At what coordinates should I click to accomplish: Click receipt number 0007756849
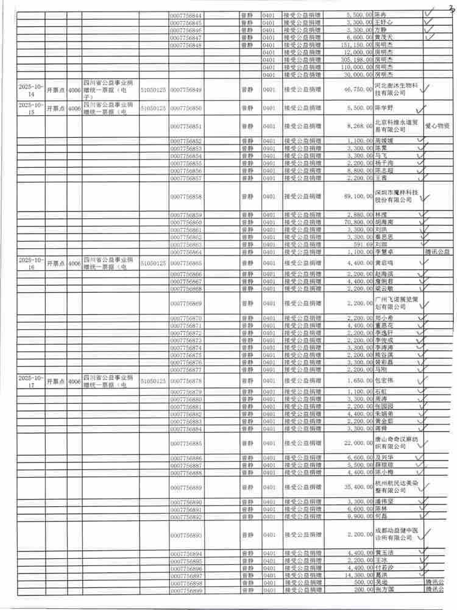[187, 90]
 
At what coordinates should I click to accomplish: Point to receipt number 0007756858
[187, 197]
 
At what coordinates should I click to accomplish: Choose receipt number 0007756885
[187, 443]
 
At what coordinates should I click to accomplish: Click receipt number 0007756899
[187, 590]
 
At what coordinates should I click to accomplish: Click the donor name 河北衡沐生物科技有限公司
[394, 90]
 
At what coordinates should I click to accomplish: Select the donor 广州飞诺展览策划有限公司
[394, 303]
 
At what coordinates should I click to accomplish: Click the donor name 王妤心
[383, 23]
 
